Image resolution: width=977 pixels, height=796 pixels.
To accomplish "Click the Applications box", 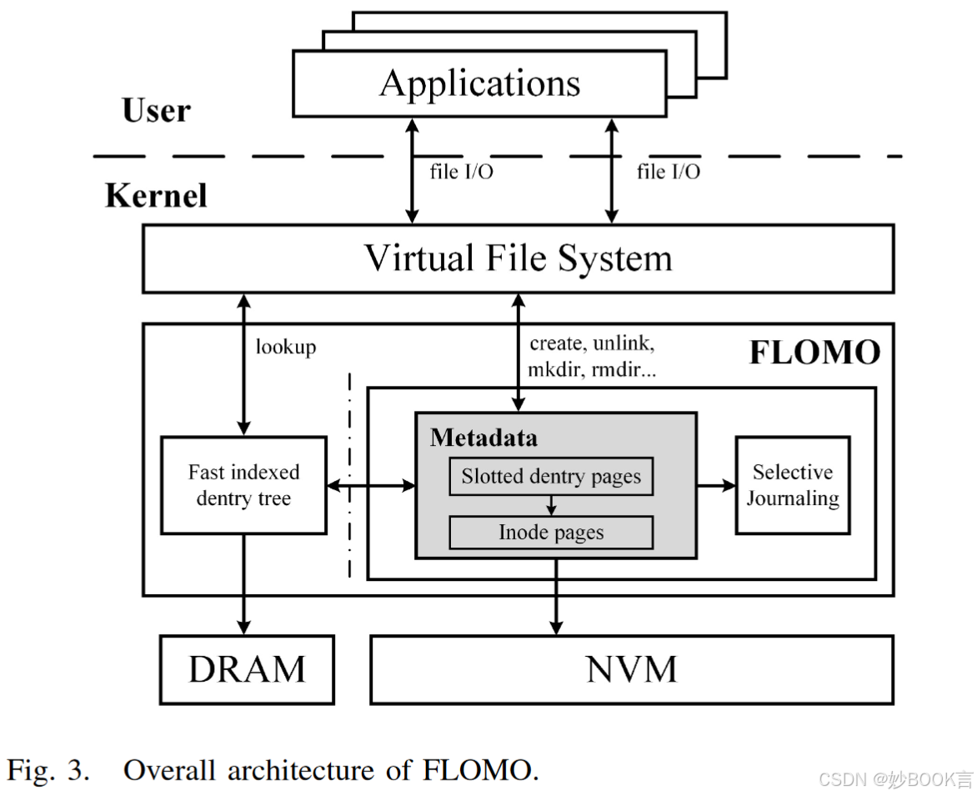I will (x=479, y=83).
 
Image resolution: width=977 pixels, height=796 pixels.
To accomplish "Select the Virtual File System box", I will (x=518, y=258).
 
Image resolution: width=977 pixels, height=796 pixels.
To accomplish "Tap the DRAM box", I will (x=247, y=669).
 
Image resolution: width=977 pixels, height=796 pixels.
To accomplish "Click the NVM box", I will (x=631, y=669).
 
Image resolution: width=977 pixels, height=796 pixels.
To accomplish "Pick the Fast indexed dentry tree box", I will (x=243, y=485).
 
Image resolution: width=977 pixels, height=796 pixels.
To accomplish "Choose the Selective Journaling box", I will (x=792, y=485).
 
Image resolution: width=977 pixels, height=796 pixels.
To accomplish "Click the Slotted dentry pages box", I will (x=551, y=477).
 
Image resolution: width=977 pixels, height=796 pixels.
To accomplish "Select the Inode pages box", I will (x=551, y=533).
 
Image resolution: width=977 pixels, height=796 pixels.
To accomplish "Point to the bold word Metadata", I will (x=483, y=438).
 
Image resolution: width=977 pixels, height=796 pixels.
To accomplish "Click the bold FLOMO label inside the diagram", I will (x=814, y=353).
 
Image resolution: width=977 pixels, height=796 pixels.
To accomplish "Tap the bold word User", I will (x=156, y=111).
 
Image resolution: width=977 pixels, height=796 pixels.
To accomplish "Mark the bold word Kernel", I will (x=156, y=195).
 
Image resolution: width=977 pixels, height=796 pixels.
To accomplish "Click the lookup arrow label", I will (x=286, y=347).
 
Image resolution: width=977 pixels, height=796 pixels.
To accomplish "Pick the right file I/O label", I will (x=668, y=172).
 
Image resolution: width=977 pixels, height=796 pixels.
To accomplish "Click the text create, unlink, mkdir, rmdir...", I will (x=593, y=357).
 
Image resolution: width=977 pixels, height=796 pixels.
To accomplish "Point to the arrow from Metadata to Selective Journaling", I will (x=715, y=485).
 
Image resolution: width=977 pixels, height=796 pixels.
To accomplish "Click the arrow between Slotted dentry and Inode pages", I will (x=551, y=505).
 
